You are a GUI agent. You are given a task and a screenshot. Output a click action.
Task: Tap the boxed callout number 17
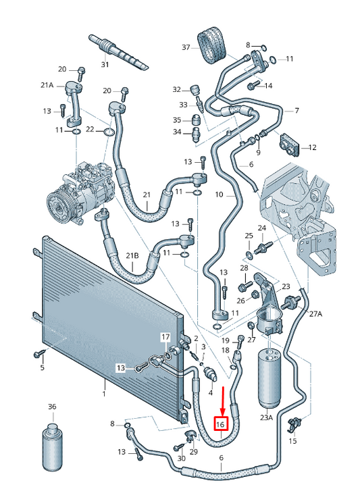(165, 336)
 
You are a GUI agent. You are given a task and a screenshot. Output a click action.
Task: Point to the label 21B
(132, 255)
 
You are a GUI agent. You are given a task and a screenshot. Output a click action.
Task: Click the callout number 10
(219, 195)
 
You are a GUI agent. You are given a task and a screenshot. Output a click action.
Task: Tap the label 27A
(315, 314)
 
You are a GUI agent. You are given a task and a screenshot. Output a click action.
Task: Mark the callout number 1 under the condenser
(104, 394)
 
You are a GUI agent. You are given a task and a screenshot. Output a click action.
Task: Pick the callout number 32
(177, 89)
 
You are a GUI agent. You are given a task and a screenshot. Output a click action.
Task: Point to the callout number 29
(193, 451)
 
